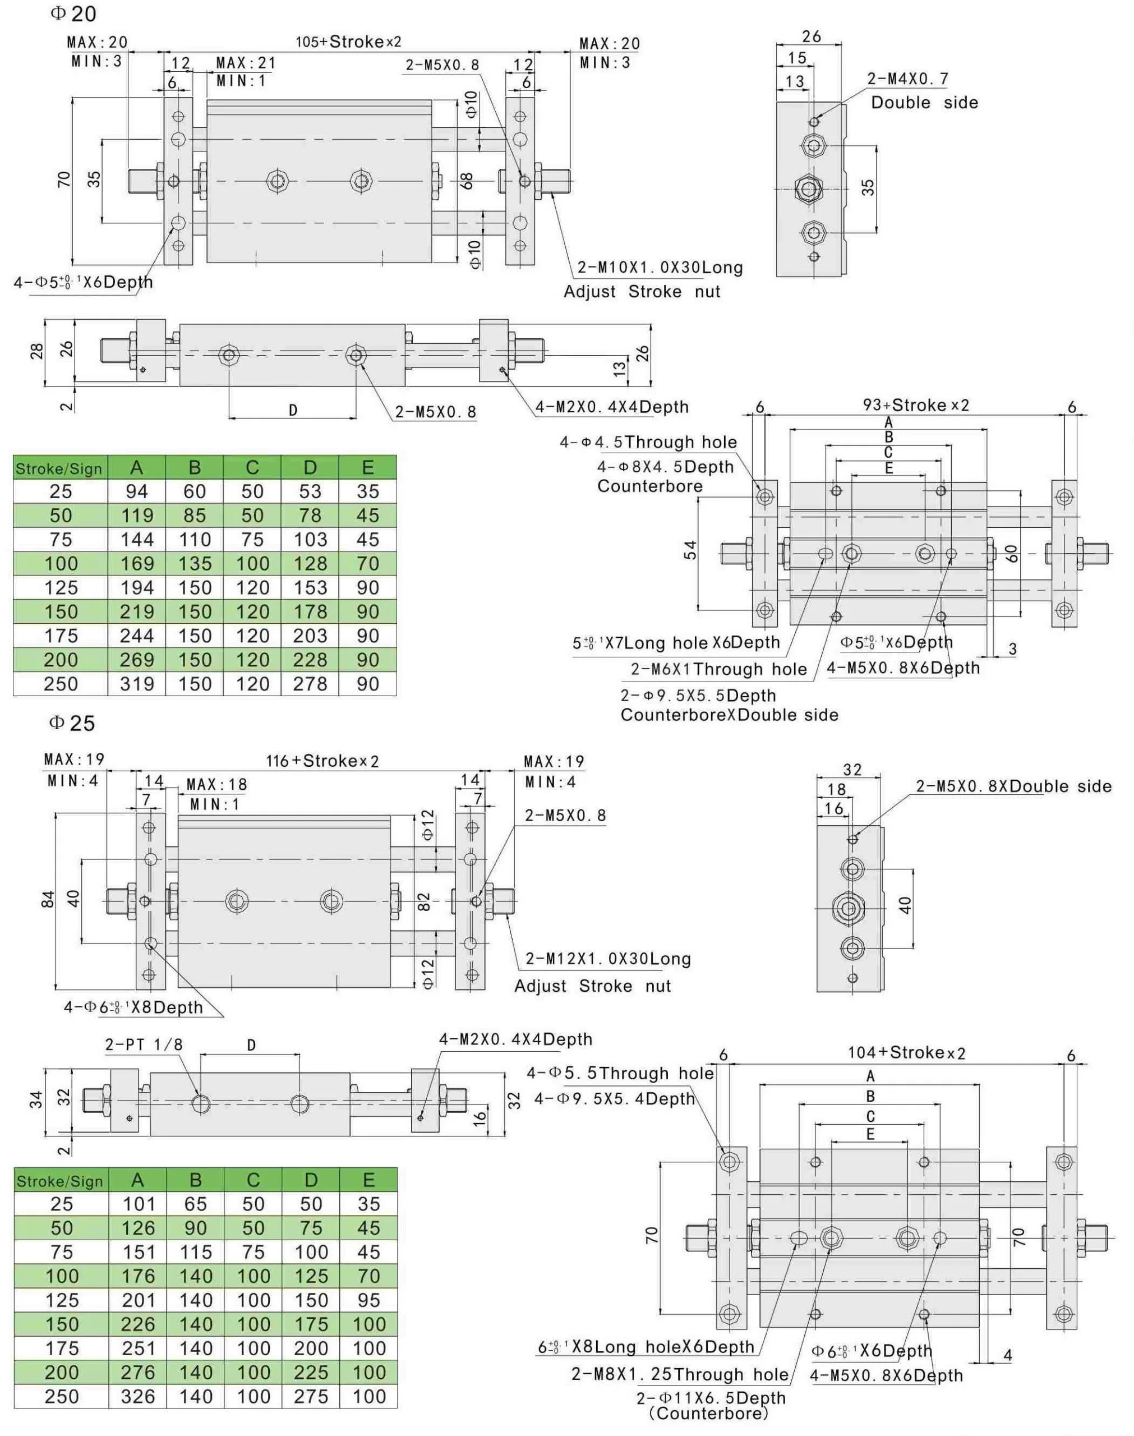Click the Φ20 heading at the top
click(x=73, y=13)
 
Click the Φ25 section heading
click(x=72, y=723)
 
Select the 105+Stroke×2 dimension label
click(x=349, y=42)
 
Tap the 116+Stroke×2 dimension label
click(x=322, y=761)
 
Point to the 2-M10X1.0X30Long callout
click(x=660, y=268)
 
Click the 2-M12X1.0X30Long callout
click(x=608, y=959)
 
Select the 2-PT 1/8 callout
click(x=144, y=1044)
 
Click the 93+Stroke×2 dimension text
click(x=916, y=405)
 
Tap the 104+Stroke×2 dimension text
click(x=907, y=1052)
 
